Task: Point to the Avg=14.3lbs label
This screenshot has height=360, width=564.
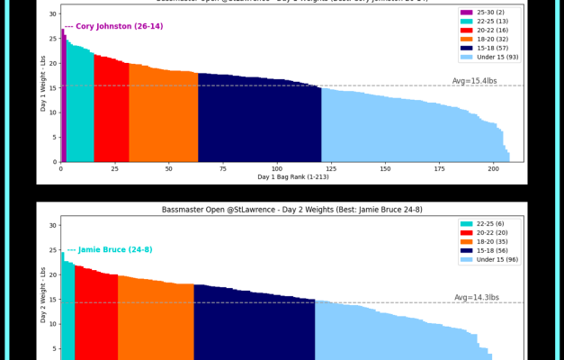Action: click(x=476, y=297)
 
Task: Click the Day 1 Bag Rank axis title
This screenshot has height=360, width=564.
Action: click(x=292, y=177)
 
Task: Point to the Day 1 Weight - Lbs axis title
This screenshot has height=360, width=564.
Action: click(x=42, y=84)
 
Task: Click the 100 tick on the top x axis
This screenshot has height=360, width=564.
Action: click(x=277, y=168)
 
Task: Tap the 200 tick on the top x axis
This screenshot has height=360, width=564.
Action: click(x=494, y=168)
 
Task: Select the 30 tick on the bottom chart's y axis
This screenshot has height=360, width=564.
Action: click(x=53, y=225)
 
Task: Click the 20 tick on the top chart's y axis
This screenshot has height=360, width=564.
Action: click(x=53, y=63)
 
